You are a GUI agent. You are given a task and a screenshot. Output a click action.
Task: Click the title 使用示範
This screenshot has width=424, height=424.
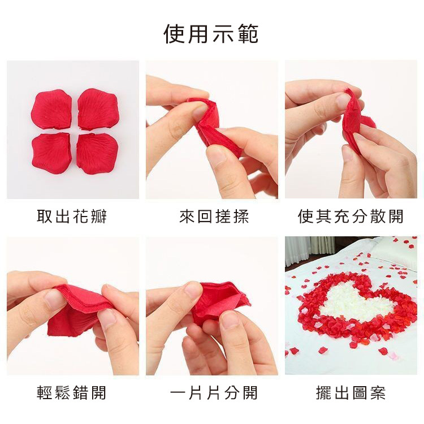211,34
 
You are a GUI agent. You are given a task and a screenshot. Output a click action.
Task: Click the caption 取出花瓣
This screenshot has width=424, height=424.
72,217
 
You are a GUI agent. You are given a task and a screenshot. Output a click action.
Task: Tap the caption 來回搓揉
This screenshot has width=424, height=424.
211,217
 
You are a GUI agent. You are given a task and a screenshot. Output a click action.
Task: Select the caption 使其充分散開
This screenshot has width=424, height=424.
351,217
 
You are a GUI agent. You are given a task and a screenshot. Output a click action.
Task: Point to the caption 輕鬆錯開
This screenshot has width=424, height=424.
72,393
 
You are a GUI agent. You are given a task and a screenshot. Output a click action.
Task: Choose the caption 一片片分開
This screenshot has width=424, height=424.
211,393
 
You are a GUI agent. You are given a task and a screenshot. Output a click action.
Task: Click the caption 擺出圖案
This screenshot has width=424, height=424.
351,393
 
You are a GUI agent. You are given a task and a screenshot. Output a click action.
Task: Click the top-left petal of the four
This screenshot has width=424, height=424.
51,110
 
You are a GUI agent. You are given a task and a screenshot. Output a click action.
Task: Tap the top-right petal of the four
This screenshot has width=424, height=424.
98,109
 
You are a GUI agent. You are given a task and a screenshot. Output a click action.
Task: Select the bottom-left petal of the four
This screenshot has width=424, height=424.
51,153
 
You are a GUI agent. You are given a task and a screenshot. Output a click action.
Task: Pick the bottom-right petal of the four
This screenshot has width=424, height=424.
97,153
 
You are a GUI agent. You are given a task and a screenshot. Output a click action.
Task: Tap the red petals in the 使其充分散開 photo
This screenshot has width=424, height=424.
352,122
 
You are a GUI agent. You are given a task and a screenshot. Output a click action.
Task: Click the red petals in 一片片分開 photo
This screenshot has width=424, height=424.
218,302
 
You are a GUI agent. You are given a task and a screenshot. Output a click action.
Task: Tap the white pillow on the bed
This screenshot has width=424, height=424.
396,252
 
